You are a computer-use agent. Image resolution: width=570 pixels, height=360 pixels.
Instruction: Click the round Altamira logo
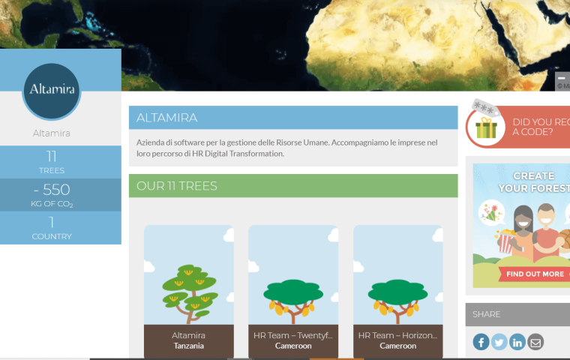pyautogui.click(x=52, y=91)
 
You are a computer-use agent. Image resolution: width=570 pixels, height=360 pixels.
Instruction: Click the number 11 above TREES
pyautogui.click(x=52, y=156)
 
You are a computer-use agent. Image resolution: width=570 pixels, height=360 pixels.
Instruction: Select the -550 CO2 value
pyautogui.click(x=52, y=190)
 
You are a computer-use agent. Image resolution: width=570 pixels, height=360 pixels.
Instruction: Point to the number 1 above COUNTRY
pyautogui.click(x=52, y=222)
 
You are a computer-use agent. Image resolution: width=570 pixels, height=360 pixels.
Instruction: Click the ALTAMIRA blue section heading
pyautogui.click(x=167, y=118)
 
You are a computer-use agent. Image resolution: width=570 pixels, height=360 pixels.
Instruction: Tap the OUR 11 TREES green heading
pyautogui.click(x=177, y=186)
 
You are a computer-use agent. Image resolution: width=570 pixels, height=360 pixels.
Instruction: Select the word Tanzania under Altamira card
pyautogui.click(x=189, y=346)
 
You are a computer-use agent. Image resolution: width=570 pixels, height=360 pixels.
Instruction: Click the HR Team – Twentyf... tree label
pyautogui.click(x=293, y=335)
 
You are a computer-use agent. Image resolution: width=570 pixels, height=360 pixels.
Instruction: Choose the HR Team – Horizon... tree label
pyautogui.click(x=397, y=335)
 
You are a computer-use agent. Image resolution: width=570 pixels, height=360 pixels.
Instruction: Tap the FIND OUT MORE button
pyautogui.click(x=535, y=274)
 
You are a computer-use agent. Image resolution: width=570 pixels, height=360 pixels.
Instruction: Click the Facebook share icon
pyautogui.click(x=481, y=342)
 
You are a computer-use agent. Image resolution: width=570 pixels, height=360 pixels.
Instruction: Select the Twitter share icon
pyautogui.click(x=499, y=342)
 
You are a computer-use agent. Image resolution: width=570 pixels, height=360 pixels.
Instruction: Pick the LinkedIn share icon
pyautogui.click(x=517, y=342)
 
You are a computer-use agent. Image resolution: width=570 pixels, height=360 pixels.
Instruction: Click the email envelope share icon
pyautogui.click(x=535, y=342)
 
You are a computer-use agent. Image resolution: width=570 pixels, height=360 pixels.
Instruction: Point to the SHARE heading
pyautogui.click(x=487, y=314)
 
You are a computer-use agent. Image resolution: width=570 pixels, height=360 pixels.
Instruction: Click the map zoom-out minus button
pyautogui.click(x=562, y=78)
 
